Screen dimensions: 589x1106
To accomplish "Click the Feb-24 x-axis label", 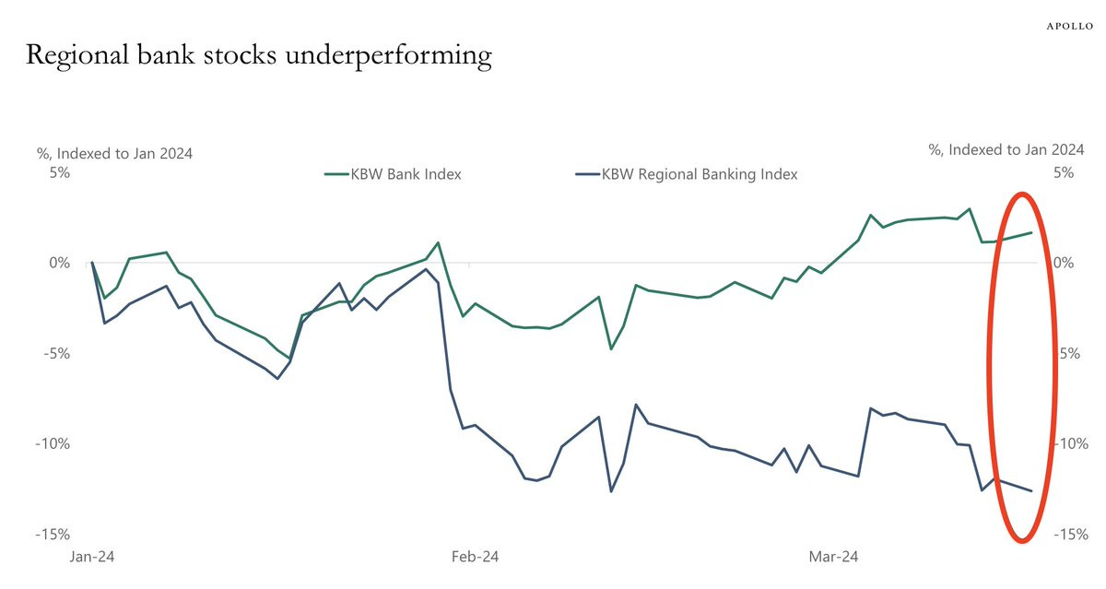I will coord(475,557).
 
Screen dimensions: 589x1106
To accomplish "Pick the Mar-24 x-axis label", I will coord(833,557).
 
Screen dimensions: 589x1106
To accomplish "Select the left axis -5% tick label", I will coord(53,354).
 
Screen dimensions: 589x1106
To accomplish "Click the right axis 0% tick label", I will coord(1064,264).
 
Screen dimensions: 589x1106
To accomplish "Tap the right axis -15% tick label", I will coord(1070,535).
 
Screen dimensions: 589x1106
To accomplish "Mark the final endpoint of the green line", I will coord(1031,232).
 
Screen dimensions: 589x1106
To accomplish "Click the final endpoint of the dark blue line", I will coord(1031,491).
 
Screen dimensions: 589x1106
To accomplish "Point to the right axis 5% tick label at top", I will coord(1064,172).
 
